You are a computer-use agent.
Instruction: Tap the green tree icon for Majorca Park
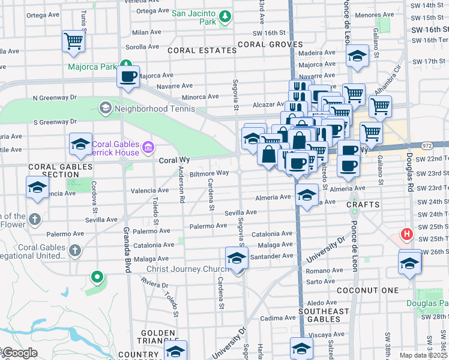coord(126,64)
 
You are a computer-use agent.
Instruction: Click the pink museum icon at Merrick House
coord(148,146)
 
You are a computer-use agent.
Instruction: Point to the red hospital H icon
coord(407,233)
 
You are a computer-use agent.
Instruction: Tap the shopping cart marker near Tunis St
coord(73,41)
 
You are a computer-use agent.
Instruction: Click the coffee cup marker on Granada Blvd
coord(128,77)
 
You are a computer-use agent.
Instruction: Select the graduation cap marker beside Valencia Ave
coord(37,187)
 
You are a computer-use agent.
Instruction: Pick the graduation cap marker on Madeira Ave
coord(357,57)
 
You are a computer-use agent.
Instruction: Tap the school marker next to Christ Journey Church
coord(237,259)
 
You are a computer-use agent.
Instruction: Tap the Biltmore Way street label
coord(209,173)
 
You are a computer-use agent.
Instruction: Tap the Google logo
coord(19,353)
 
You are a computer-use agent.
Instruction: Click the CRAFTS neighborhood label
coord(363,205)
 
